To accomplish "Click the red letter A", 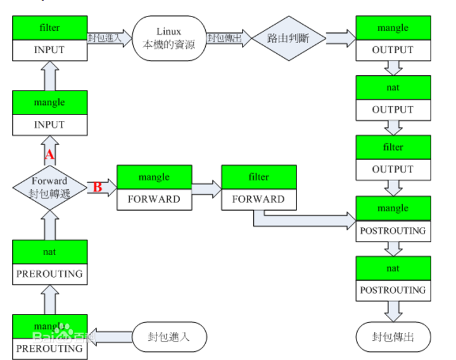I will pos(49,154).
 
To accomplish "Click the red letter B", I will pos(98,187).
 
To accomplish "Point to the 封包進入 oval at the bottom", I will pos(170,337).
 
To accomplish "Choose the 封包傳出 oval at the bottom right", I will pos(393,337).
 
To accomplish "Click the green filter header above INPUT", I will pos(49,28).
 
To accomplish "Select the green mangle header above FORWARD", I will pos(154,177).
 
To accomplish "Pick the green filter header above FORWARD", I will pos(259,177).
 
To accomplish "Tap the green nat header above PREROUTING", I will pos(49,252).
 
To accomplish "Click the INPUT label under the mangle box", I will pos(49,125).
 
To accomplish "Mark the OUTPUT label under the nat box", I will pos(393,109).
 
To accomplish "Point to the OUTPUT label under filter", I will pos(393,169).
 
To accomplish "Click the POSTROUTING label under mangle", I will pos(393,230).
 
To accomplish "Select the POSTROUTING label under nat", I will pos(393,290).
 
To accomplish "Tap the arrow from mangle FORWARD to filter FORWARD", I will pos(206,188).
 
